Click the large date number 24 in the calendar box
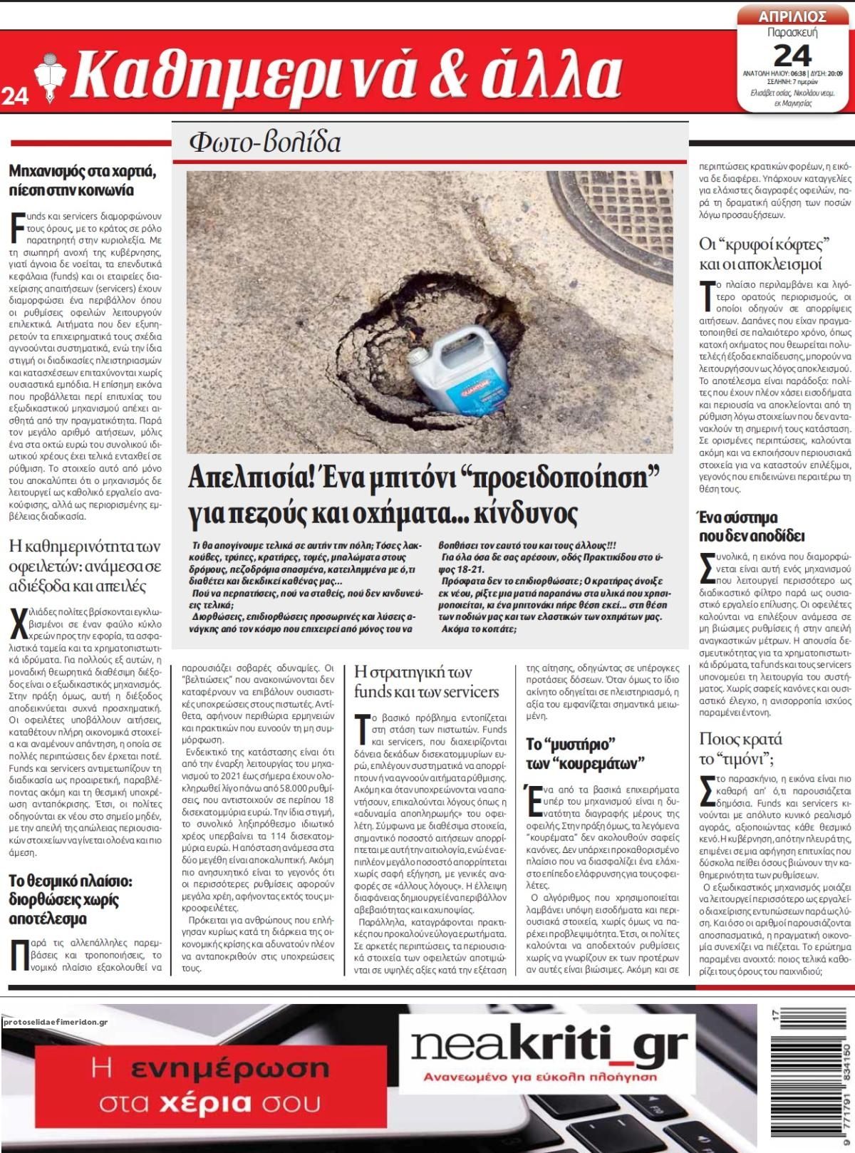[792, 54]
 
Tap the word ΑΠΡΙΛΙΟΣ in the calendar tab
[792, 16]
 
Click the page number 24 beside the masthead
[15, 95]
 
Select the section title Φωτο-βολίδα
[264, 143]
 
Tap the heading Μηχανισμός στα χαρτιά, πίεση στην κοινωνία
[81, 181]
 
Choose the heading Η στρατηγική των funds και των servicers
[427, 681]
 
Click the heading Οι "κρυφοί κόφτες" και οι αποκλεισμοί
[765, 254]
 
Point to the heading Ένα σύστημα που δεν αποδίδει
[751, 526]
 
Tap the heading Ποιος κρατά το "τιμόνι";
[741, 747]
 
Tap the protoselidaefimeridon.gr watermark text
[55, 1022]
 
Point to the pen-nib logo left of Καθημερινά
[51, 73]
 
